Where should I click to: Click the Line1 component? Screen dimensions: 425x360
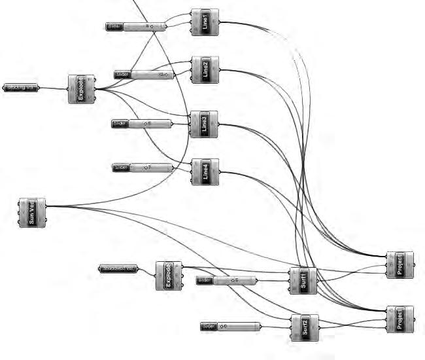(205, 22)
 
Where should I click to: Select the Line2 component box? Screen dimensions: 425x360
(205, 69)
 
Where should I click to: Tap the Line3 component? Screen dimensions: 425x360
(203, 124)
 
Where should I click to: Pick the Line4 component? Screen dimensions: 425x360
(205, 171)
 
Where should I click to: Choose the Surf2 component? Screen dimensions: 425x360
(305, 328)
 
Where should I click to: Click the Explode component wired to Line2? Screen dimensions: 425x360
(82, 88)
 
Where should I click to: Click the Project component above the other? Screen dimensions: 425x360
(399, 264)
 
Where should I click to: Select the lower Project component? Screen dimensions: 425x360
(399, 319)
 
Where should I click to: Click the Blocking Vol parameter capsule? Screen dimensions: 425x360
(21, 87)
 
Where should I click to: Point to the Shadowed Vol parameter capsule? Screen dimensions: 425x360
(118, 268)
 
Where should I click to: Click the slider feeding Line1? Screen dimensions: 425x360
(137, 26)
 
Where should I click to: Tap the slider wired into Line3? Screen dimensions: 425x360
(142, 123)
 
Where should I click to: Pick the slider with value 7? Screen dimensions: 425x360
(143, 168)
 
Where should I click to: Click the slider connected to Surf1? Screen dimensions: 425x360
(227, 281)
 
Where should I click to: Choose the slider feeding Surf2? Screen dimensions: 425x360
(230, 326)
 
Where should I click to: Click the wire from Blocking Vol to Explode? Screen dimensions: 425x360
(54, 88)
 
